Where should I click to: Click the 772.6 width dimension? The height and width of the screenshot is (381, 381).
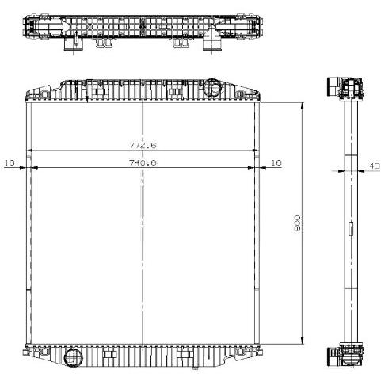pos(143,145)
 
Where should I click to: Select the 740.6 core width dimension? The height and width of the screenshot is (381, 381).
pos(143,162)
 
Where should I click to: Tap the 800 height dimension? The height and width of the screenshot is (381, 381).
pos(297,223)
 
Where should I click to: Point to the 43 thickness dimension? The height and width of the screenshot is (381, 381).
pos(375,166)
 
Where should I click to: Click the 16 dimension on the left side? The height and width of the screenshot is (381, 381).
pos(10,162)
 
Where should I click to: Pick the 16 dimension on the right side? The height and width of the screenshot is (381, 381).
pos(276,162)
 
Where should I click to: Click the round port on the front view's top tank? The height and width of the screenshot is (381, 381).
pos(213,88)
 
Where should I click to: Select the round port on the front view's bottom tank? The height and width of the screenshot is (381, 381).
pos(74,357)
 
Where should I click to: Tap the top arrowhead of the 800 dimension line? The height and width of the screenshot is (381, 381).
pos(303,105)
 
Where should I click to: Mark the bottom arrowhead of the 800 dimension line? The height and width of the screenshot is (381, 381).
pos(303,341)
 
